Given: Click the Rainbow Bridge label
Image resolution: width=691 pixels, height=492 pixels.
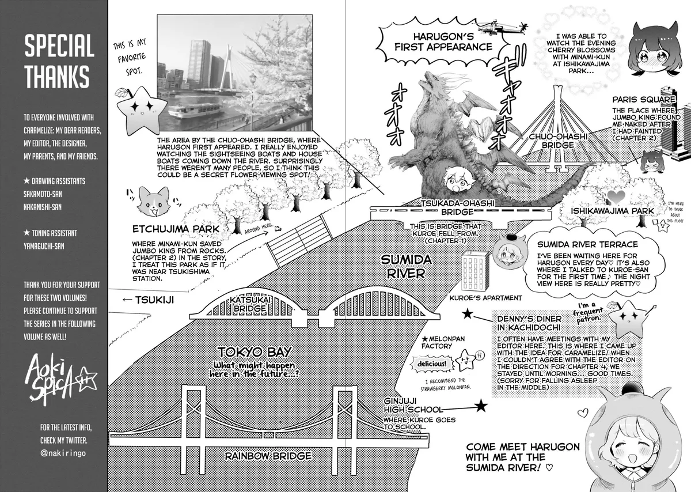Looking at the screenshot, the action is point(268,456).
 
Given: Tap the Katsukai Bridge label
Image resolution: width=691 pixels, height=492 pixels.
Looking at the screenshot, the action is point(249,304).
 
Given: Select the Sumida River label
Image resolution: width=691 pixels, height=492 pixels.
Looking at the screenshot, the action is point(406,267).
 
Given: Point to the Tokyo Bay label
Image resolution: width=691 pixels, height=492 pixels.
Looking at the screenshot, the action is point(255,352).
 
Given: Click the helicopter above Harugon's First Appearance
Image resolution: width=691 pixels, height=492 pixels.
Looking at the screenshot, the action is point(502,27).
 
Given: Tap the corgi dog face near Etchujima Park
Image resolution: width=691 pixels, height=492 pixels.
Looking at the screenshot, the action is point(153,201).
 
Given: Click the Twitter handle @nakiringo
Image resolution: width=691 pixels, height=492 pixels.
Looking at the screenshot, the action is point(63,453).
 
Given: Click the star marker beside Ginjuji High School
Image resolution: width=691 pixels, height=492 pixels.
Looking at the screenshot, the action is point(481,406).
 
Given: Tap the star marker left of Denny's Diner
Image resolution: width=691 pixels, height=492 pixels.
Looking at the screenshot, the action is point(468,314).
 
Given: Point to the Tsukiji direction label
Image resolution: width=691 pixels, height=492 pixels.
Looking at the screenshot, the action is point(149,300).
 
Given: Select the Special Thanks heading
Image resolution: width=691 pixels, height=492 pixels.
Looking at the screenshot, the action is point(59,61).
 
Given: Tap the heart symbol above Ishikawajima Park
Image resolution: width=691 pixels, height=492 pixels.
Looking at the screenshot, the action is point(616,196).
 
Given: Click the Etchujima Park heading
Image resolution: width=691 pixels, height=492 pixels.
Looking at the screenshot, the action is point(176,229).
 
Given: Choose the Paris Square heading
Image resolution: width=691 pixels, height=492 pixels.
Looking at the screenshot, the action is point(644,100).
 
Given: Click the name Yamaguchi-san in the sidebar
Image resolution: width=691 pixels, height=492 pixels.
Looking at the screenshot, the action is point(44,247).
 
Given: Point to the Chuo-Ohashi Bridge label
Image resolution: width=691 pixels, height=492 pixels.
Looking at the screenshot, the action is point(558,141).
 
